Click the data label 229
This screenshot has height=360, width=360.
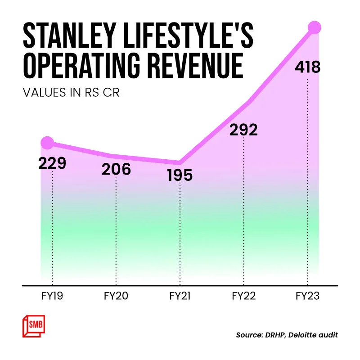[x=52, y=163]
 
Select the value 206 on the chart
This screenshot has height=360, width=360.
[x=116, y=169]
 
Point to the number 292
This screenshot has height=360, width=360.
[x=243, y=130]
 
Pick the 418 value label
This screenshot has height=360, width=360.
[x=307, y=67]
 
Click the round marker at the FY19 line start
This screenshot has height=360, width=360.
[x=47, y=143]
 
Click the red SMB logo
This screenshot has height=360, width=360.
[x=33, y=325]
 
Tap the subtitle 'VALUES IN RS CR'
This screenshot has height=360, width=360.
[x=71, y=94]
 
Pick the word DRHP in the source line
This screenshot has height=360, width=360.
[x=275, y=335]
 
